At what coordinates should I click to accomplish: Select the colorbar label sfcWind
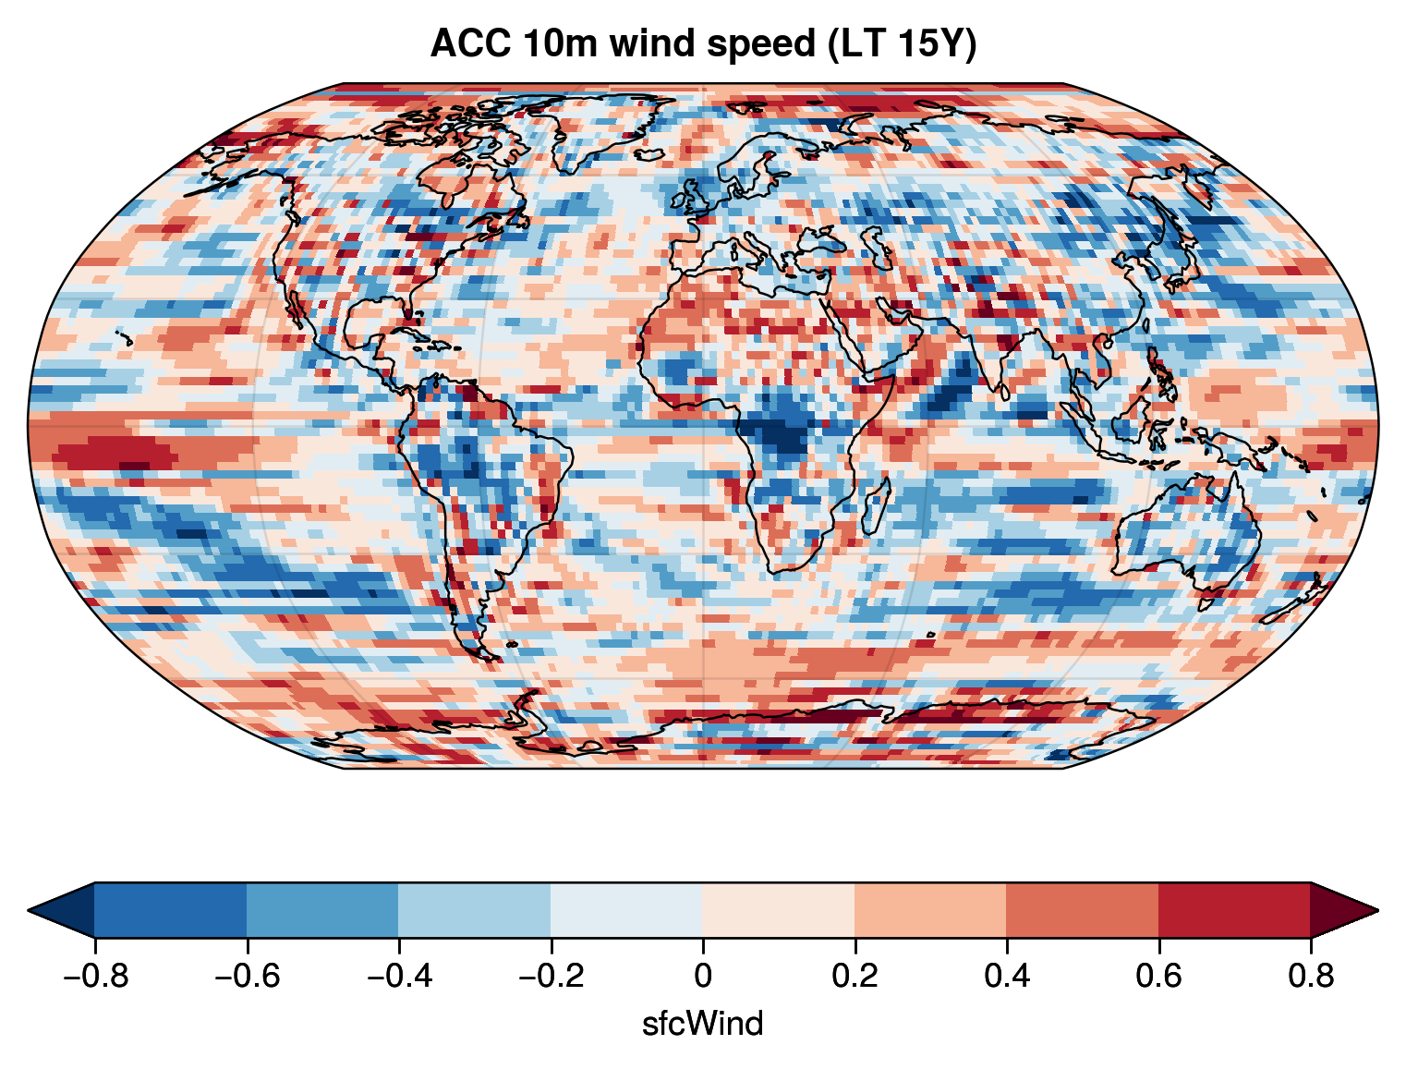point(703,1024)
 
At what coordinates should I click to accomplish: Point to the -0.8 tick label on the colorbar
point(94,976)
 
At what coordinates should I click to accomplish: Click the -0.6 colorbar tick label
point(247,976)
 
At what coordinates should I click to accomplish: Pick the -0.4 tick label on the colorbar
point(398,976)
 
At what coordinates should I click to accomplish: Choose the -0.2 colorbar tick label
point(551,976)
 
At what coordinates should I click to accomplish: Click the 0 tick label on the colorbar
point(703,976)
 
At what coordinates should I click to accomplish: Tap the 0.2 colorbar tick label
point(855,976)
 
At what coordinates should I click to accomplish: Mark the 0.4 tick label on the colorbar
point(1007,976)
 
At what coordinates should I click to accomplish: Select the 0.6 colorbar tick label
point(1158,976)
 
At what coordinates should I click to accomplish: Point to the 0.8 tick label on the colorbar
point(1311,976)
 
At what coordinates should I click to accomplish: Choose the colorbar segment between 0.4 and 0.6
point(1083,910)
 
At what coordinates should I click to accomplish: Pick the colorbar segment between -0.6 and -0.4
point(322,910)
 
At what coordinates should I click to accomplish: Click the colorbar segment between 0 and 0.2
point(779,910)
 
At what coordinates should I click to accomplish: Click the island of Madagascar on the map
point(877,504)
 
